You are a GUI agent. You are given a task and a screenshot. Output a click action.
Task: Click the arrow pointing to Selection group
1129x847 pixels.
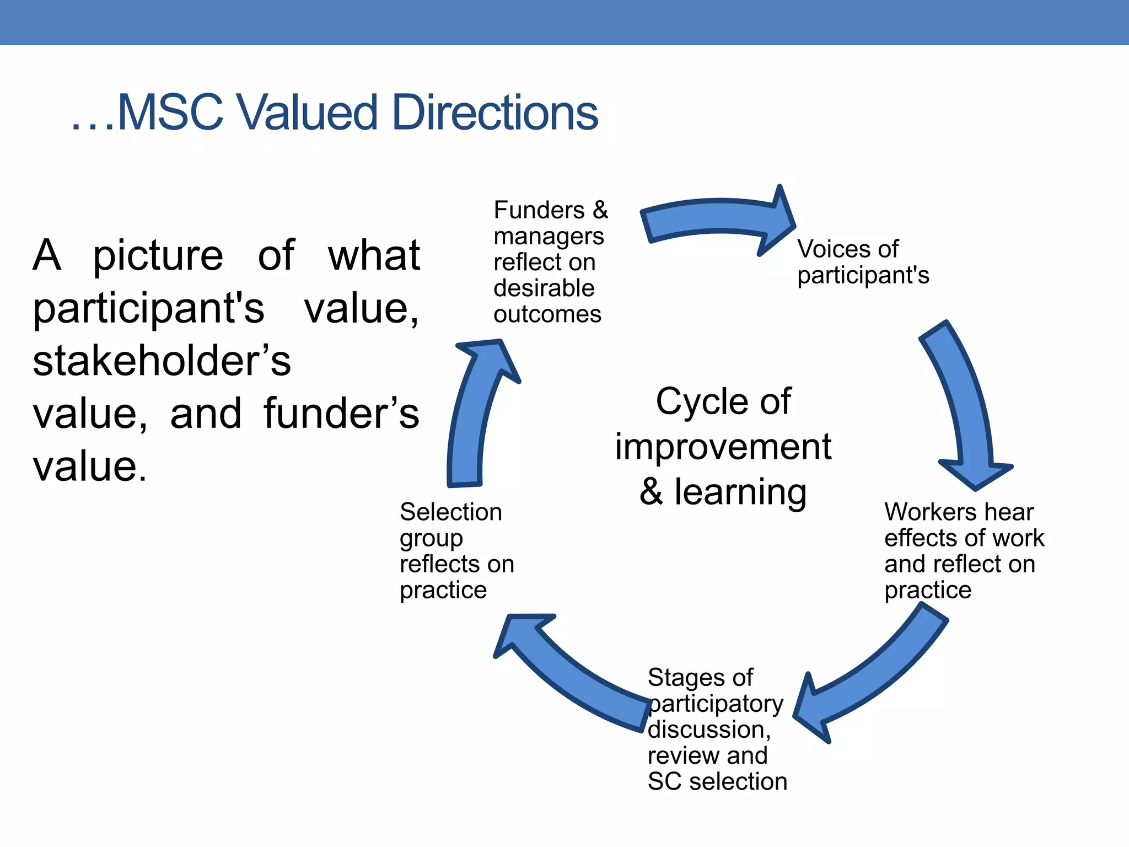pyautogui.click(x=573, y=673)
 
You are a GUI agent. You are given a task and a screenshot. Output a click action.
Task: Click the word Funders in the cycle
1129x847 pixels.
pyautogui.click(x=539, y=210)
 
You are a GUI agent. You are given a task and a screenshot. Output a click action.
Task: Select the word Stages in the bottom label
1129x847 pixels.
pyautogui.click(x=685, y=678)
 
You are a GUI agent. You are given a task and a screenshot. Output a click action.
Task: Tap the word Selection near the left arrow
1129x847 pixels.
pyautogui.click(x=451, y=512)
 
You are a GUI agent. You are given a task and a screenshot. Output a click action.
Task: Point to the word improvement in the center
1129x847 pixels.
pyautogui.click(x=723, y=447)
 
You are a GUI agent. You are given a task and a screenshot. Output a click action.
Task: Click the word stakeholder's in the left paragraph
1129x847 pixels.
pyautogui.click(x=162, y=361)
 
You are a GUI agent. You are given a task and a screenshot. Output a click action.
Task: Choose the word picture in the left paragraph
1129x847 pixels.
pyautogui.click(x=158, y=256)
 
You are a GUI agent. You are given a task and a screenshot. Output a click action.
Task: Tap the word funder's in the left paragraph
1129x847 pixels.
pyautogui.click(x=341, y=414)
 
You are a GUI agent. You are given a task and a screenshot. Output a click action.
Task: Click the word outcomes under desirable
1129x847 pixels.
pyautogui.click(x=547, y=314)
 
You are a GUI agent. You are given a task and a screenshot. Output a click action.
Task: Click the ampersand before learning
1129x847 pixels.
pyautogui.click(x=651, y=492)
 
